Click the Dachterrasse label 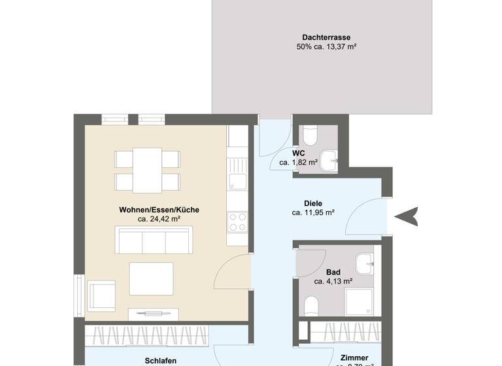coord(324,37)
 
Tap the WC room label coord(298,153)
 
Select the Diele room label coord(313,203)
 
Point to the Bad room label coord(333,272)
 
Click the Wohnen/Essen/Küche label coord(159,210)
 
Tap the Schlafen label coord(159,359)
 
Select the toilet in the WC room coord(309,136)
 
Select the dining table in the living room coord(147,169)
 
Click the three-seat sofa coord(154,241)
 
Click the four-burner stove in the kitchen coord(237,222)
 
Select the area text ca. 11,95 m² coord(313,212)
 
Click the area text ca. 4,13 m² coord(333,282)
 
